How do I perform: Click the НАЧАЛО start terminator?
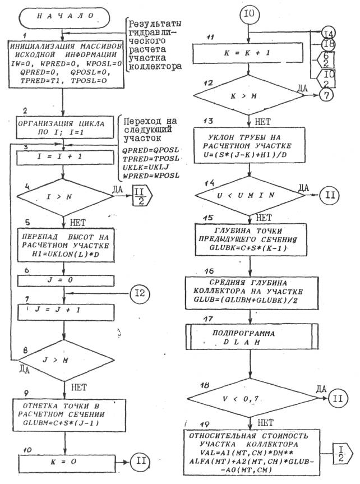(x=65, y=17)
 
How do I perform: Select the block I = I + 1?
(x=66, y=159)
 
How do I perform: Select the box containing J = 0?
(x=66, y=279)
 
